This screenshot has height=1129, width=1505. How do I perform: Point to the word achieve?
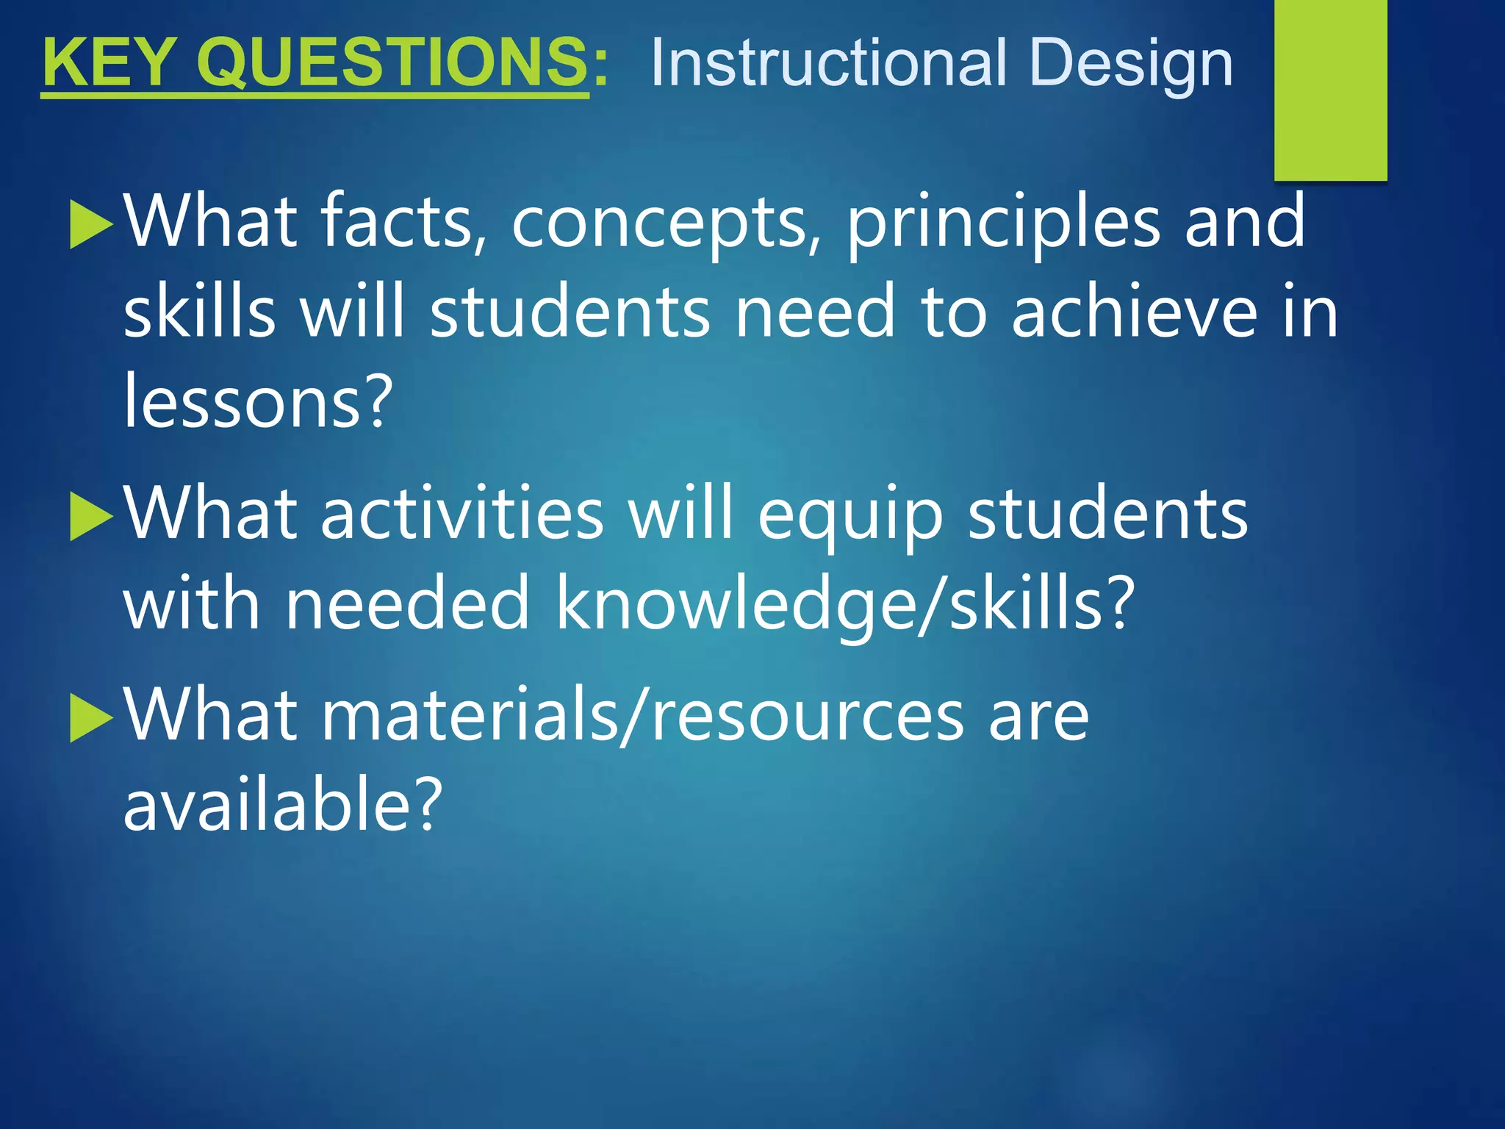pyautogui.click(x=1134, y=312)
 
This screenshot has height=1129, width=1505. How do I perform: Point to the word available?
pyautogui.click(x=283, y=804)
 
